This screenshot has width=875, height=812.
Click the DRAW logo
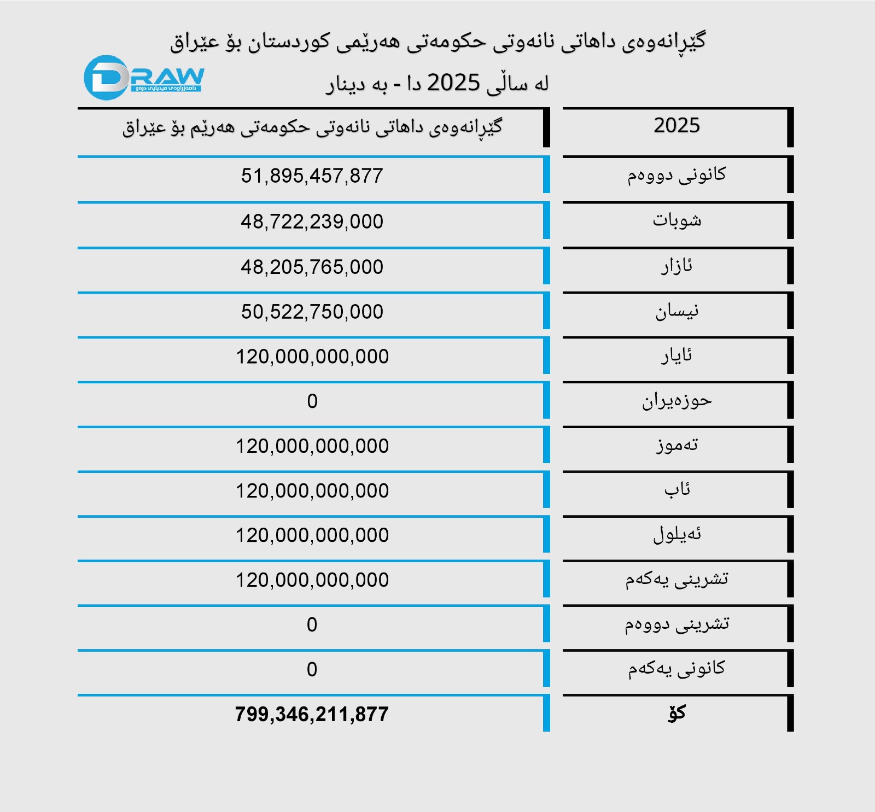(x=143, y=78)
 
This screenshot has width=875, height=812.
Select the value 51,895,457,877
(x=312, y=176)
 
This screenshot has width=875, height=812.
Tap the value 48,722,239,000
(x=312, y=221)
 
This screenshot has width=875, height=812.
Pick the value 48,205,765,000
(x=312, y=267)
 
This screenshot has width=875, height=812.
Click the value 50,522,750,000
(x=312, y=312)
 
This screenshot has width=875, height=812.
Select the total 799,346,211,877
(x=312, y=714)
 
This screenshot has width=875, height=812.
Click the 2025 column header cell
(x=676, y=126)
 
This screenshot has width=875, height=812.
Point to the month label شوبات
(x=676, y=220)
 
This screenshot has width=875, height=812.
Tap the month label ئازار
(x=676, y=266)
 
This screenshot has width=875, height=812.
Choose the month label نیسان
(x=676, y=311)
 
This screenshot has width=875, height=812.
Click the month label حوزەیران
(x=676, y=401)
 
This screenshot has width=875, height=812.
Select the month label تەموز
(x=676, y=445)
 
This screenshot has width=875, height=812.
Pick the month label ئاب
(x=676, y=489)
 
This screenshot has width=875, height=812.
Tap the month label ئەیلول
(x=676, y=534)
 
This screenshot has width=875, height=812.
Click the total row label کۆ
(x=676, y=713)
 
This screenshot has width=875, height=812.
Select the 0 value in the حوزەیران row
(x=312, y=401)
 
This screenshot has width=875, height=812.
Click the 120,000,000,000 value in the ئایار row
(x=312, y=357)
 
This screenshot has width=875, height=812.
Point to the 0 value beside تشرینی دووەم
(x=312, y=624)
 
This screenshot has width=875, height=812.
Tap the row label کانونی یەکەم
(x=676, y=669)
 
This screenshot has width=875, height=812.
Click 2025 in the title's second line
(x=453, y=83)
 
